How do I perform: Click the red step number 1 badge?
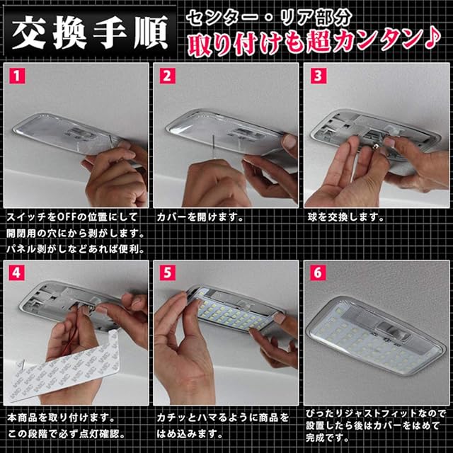click(17, 76)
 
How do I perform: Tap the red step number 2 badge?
click(167, 76)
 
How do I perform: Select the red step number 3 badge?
click(318, 76)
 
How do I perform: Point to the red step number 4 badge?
click(17, 273)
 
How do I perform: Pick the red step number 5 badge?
click(167, 273)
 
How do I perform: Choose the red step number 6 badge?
click(318, 273)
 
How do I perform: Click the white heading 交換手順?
click(90, 33)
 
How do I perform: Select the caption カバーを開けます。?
click(200, 217)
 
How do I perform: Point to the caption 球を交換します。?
click(345, 217)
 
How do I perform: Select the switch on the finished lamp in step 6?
click(393, 331)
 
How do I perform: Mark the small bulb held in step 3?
click(378, 148)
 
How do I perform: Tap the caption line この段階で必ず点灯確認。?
click(66, 434)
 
